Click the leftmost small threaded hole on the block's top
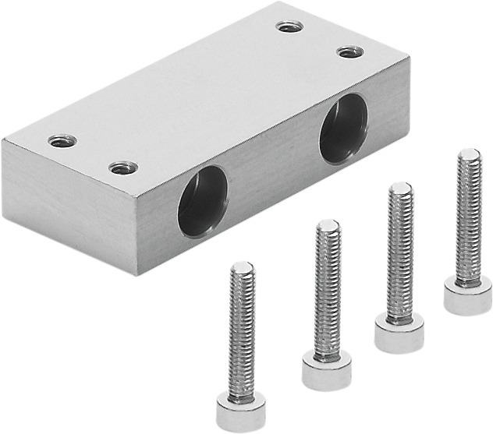point(62,141)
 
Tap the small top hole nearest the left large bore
point(123,167)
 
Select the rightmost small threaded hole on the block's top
point(349,52)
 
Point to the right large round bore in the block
point(343,129)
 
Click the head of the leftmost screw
point(241,410)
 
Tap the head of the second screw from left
point(327,370)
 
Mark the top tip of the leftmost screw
point(242,267)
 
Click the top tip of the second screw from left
point(328,226)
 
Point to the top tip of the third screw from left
point(400,188)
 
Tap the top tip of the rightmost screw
point(469,153)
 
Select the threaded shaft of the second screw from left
point(328,288)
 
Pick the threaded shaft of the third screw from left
point(399,249)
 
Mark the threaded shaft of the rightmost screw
point(469,218)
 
